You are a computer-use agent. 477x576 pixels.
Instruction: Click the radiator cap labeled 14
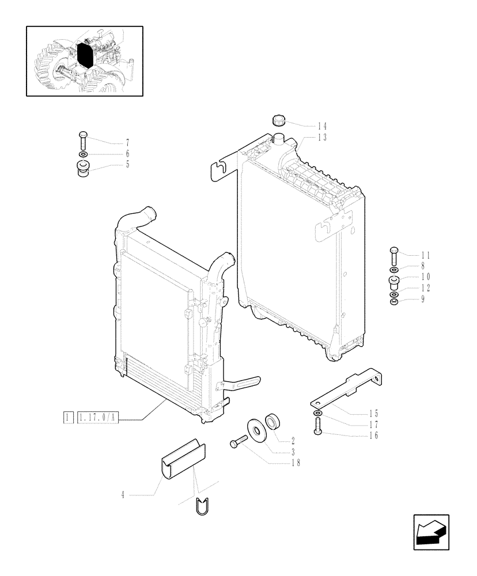click(279, 121)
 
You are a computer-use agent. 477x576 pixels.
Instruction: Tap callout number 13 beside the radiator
click(321, 137)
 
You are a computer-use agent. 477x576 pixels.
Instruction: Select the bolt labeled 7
click(82, 140)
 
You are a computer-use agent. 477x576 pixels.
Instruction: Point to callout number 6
click(127, 154)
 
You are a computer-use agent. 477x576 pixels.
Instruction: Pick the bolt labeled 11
click(393, 254)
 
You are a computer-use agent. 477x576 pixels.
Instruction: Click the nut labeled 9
click(393, 300)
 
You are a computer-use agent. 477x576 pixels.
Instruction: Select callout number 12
click(426, 287)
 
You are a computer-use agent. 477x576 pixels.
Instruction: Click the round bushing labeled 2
click(272, 421)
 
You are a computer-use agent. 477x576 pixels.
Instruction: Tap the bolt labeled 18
click(237, 442)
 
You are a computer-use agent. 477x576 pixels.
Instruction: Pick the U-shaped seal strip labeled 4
click(183, 458)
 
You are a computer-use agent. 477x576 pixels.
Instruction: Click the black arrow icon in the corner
click(430, 530)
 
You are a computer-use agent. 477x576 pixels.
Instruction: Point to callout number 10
click(426, 276)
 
